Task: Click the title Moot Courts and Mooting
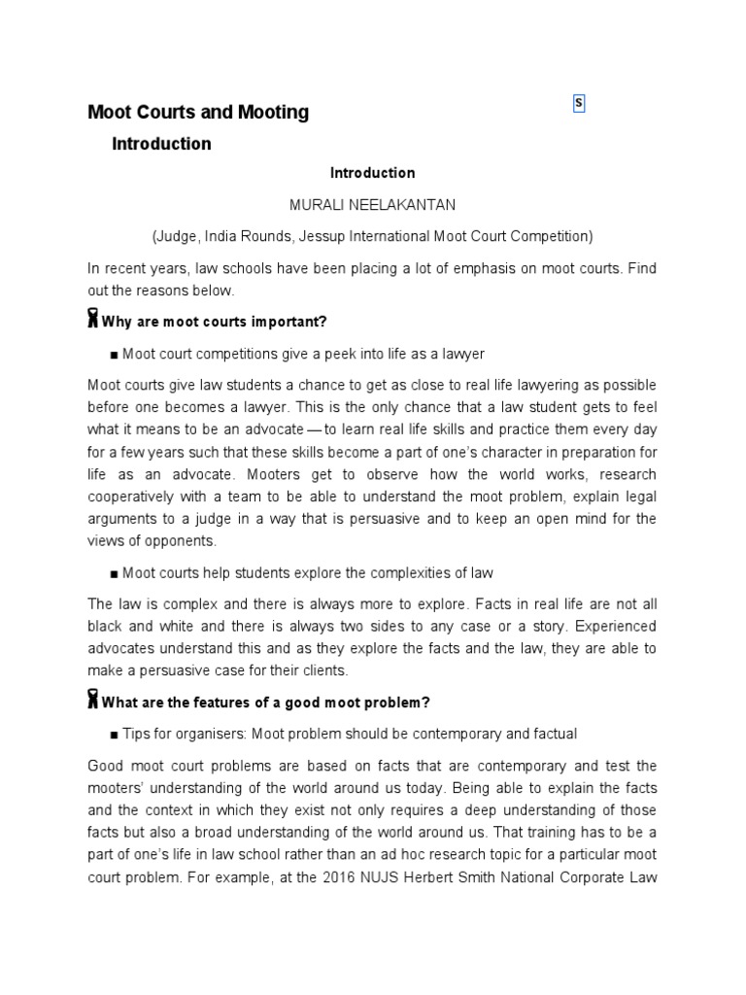tap(198, 112)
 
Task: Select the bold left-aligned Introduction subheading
tap(161, 144)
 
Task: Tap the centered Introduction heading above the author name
tap(372, 173)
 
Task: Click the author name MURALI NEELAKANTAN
tap(372, 204)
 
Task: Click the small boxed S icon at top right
tap(579, 104)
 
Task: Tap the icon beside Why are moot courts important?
tap(93, 320)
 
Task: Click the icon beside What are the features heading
tap(93, 701)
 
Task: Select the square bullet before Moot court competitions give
tap(115, 354)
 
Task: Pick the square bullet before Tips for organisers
tap(115, 735)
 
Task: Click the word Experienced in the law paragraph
tap(613, 626)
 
